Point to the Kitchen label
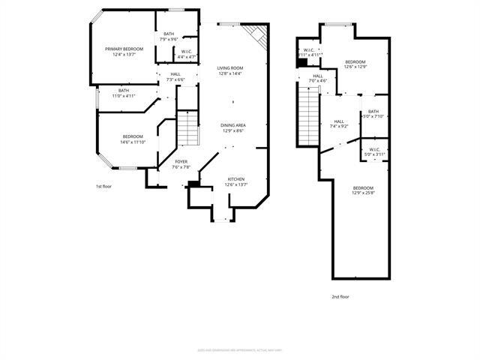click(x=237, y=179)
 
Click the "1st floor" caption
click(x=103, y=186)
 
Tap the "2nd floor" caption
click(x=340, y=296)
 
